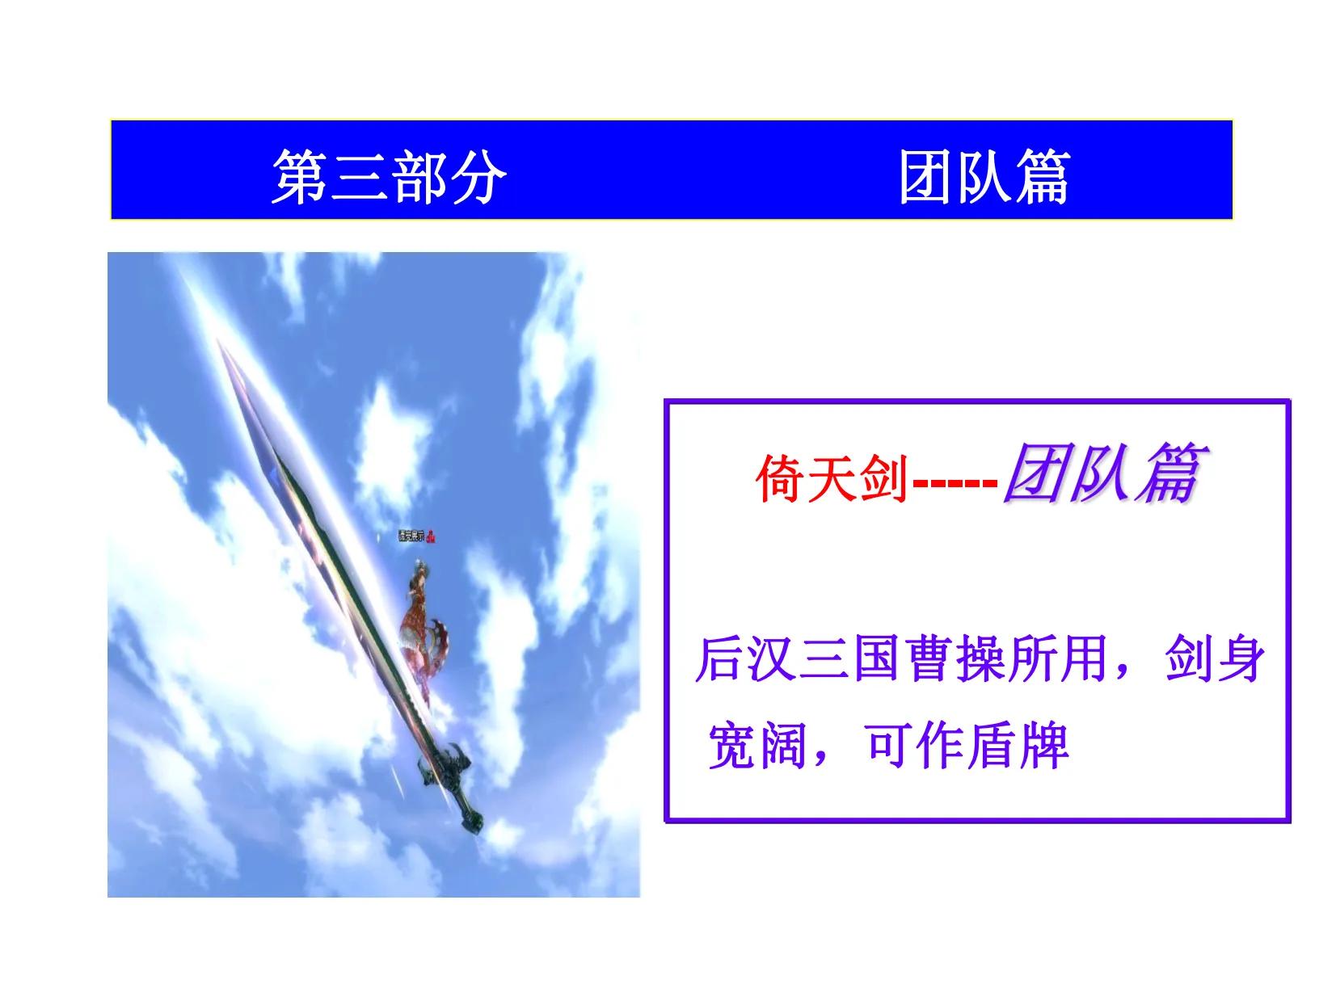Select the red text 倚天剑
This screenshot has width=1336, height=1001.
[x=832, y=478]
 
